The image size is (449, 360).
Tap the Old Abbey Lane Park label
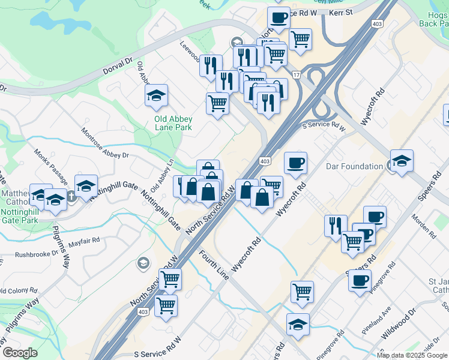[x=173, y=124]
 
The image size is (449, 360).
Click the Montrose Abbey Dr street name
[x=105, y=143]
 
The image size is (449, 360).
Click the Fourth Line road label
[x=214, y=265]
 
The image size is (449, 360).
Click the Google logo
[x=19, y=353]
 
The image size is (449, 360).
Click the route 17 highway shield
[x=295, y=74]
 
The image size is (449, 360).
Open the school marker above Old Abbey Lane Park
[x=156, y=96]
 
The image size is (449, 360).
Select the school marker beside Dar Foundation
[x=402, y=161]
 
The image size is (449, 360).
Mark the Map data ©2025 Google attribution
[x=412, y=355]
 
